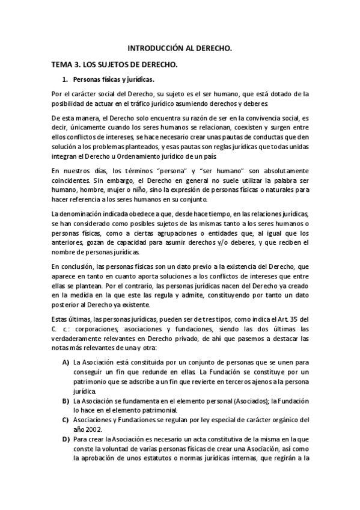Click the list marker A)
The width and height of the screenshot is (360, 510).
[x=65, y=363]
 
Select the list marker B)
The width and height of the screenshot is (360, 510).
[x=65, y=401]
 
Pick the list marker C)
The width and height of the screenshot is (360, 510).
[x=65, y=420]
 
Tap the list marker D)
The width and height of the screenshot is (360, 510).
[x=65, y=440]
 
